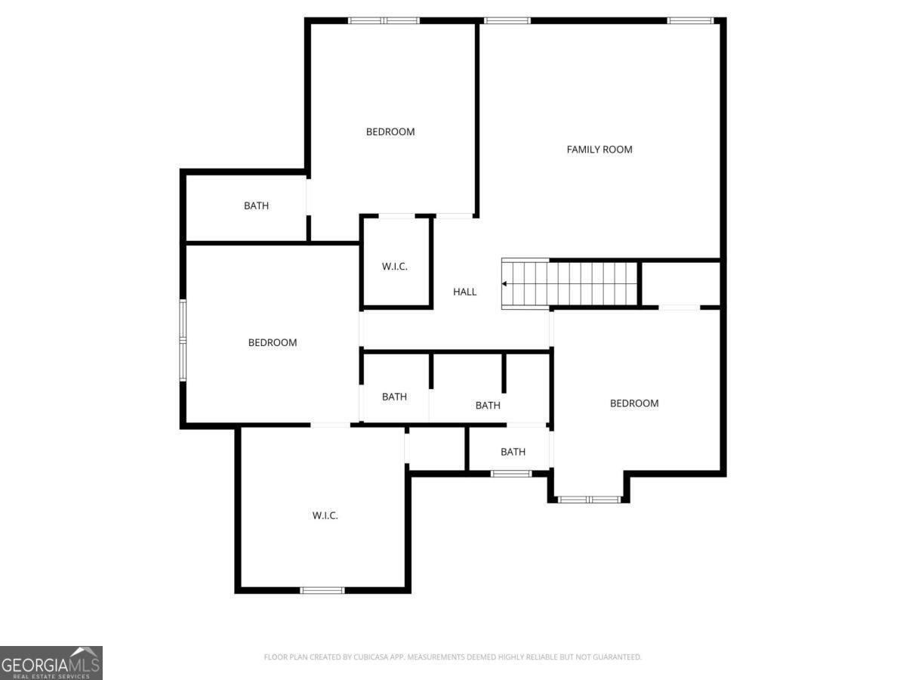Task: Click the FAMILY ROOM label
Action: [599, 150]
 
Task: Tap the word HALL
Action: [465, 292]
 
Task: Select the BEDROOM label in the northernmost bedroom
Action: [390, 131]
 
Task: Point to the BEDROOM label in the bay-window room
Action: [634, 403]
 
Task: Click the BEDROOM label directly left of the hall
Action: [273, 342]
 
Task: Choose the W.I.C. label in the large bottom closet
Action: [325, 515]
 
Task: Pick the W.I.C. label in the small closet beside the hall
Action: [395, 267]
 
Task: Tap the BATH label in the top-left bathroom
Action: [256, 206]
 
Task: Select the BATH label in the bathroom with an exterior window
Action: [513, 452]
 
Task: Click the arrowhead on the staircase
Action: [505, 284]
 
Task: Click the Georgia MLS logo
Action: [51, 663]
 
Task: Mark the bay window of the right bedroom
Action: [589, 499]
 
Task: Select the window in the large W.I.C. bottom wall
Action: [322, 590]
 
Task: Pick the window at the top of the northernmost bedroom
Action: [384, 20]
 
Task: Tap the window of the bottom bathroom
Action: [511, 474]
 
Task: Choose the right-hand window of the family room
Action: [690, 20]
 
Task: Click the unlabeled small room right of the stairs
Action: [680, 283]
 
